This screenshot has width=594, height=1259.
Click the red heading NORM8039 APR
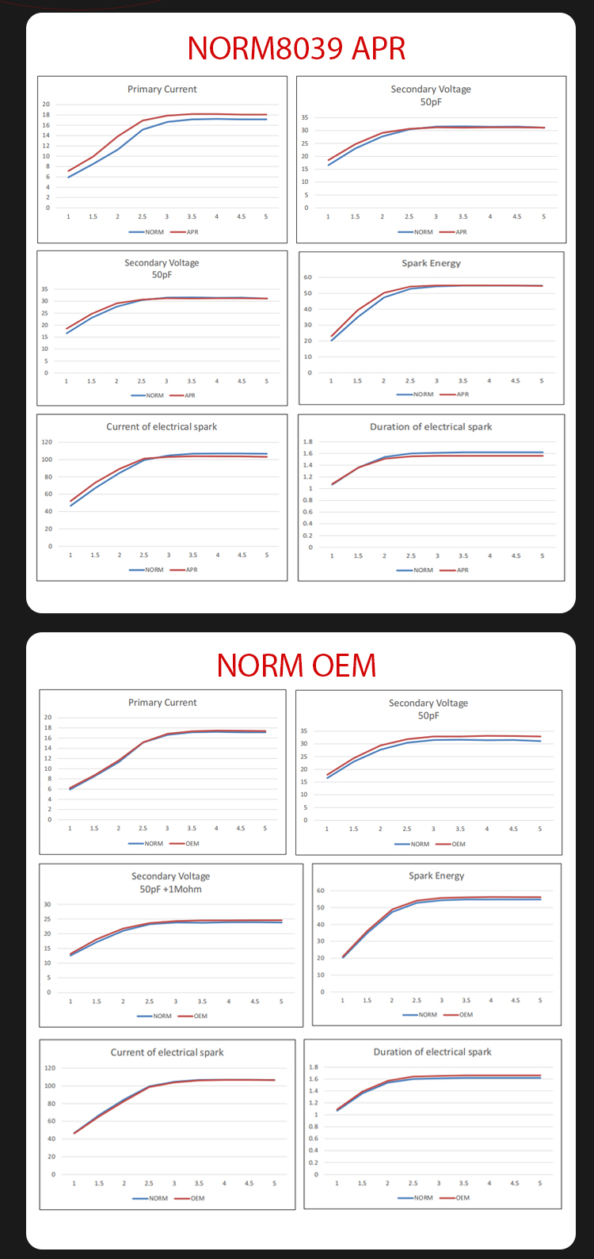click(x=296, y=48)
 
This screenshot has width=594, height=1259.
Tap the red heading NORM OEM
click(x=296, y=665)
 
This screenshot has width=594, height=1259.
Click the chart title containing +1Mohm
click(x=170, y=889)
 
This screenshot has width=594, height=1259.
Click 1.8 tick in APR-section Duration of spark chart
click(x=308, y=441)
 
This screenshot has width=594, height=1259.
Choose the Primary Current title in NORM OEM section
click(x=162, y=702)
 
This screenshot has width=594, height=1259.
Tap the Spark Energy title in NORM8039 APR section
click(x=431, y=263)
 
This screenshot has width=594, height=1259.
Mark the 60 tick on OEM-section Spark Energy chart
click(x=321, y=891)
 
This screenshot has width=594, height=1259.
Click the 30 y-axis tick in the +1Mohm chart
click(x=48, y=904)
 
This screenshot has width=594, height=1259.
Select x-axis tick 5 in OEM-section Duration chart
click(x=540, y=1183)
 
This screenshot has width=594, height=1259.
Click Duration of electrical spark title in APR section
click(x=431, y=426)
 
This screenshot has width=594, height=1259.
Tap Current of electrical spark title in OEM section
click(x=167, y=1052)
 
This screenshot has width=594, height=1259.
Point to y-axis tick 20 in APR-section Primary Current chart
click(x=46, y=105)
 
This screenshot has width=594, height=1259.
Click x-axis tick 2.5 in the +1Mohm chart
click(x=149, y=1001)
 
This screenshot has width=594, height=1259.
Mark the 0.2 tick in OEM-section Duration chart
click(x=314, y=1162)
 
